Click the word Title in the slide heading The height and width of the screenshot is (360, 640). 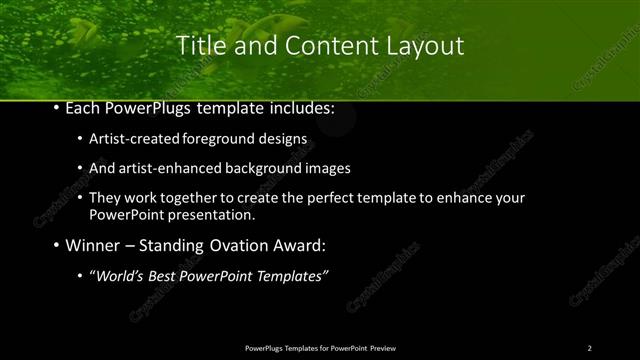coord(199,45)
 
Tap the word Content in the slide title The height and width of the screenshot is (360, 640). coord(319,45)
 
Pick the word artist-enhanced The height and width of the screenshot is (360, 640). coord(162,168)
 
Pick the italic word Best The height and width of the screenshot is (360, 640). coord(163,276)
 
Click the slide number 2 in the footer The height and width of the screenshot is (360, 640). coord(589,347)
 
